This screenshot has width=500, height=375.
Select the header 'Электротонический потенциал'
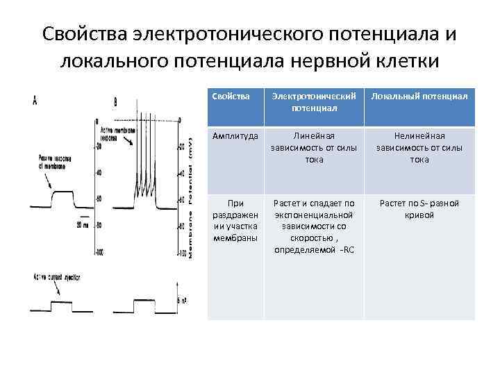[314, 101]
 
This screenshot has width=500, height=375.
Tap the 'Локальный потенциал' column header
[419, 95]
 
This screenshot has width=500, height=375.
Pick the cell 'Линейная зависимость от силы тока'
[314, 148]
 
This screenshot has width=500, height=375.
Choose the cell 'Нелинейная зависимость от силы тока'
[419, 148]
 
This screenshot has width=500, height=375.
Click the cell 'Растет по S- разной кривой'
[419, 209]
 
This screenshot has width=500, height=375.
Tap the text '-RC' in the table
[344, 249]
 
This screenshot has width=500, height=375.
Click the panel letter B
[115, 101]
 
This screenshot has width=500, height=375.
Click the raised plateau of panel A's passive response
[62, 192]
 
